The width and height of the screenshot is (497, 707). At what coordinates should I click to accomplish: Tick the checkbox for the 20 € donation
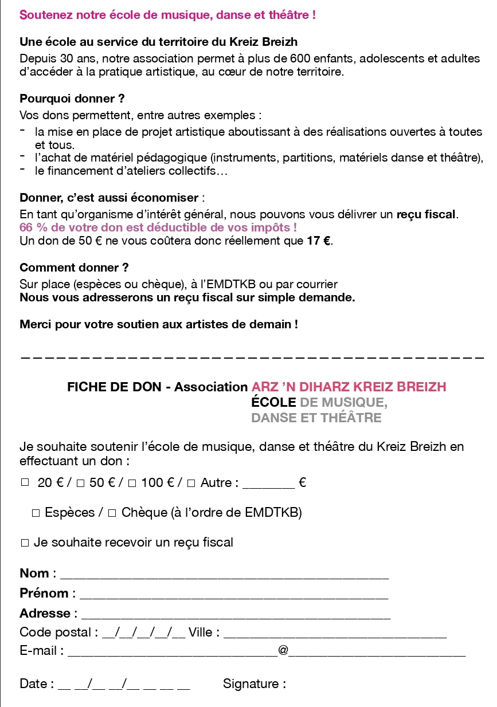[x=25, y=483]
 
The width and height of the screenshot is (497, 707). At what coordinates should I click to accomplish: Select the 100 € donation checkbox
[x=132, y=484]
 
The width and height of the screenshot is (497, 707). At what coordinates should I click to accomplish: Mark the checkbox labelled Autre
[x=191, y=484]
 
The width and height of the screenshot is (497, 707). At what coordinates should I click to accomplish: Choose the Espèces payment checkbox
[x=36, y=513]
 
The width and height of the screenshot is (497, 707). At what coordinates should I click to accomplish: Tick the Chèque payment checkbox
[x=112, y=513]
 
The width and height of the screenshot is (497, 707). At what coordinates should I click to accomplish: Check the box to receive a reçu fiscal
[x=25, y=543]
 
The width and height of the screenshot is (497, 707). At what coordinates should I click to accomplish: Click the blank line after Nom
[x=224, y=575]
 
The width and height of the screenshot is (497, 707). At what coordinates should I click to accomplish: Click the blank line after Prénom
[x=232, y=595]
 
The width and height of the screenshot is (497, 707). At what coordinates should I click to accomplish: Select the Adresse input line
[x=235, y=615]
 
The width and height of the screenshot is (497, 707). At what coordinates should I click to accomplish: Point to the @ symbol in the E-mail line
[x=283, y=650]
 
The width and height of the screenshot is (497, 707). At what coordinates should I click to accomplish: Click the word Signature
[x=254, y=684]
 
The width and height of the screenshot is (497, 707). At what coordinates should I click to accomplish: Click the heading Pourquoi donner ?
[x=72, y=99]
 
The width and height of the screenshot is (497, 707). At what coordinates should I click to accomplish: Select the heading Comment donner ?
[x=74, y=268]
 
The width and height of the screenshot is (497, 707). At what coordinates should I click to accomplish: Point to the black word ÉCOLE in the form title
[x=273, y=402]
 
